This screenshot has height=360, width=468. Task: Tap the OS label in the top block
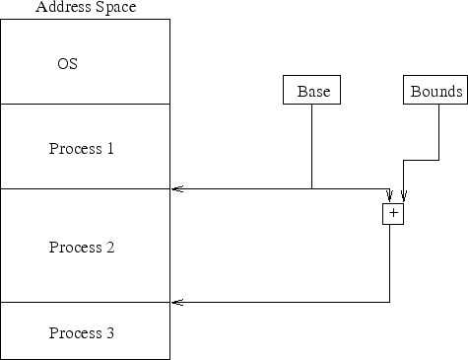click(67, 64)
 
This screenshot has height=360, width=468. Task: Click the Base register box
click(312, 91)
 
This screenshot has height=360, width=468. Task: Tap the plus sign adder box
click(393, 213)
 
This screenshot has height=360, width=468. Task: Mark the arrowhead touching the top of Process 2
click(176, 188)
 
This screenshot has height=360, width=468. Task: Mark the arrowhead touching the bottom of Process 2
click(176, 302)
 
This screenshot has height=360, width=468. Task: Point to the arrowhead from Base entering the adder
click(390, 195)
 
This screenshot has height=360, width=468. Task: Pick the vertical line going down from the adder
click(390, 262)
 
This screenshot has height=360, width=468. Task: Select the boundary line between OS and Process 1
click(85, 104)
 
